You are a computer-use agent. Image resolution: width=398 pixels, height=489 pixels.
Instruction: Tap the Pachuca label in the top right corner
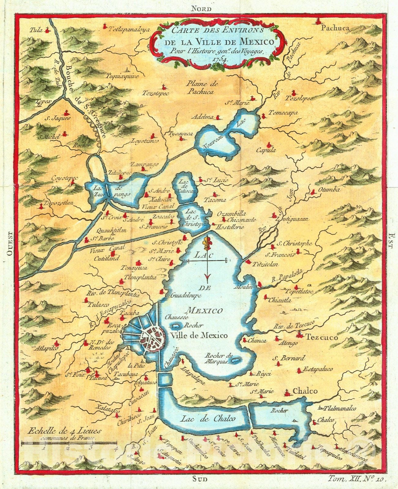335,28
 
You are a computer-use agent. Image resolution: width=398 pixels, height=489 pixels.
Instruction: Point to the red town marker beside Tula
47,30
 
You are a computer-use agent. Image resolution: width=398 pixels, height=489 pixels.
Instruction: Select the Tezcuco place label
322,338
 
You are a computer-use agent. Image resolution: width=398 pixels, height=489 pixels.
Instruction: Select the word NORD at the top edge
201,8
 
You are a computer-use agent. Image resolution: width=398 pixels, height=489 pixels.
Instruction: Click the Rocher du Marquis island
235,361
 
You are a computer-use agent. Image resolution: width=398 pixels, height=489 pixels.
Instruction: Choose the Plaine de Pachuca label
201,88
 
